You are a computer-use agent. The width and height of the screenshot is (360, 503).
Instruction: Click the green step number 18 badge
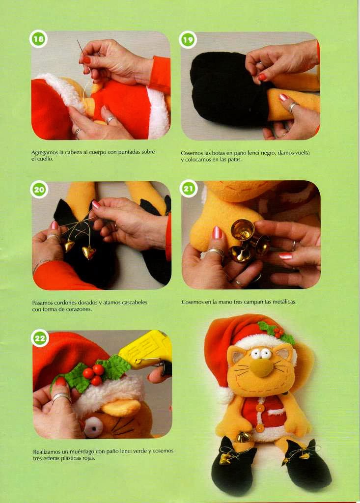[x=38, y=39]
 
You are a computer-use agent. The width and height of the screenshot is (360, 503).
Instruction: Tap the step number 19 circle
[x=188, y=40]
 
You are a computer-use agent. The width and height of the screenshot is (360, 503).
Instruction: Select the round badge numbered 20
[x=39, y=189]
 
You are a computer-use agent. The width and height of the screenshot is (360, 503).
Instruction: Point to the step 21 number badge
[x=188, y=188]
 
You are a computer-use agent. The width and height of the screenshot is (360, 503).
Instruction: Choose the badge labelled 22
[x=40, y=338]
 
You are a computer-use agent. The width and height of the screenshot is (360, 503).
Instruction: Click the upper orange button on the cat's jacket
[x=260, y=408]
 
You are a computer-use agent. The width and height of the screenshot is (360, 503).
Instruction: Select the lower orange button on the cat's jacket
[x=259, y=428]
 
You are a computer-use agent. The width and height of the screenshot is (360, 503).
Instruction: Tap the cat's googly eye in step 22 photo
[x=94, y=427]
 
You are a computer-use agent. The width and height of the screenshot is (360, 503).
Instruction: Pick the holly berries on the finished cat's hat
[x=278, y=333]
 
